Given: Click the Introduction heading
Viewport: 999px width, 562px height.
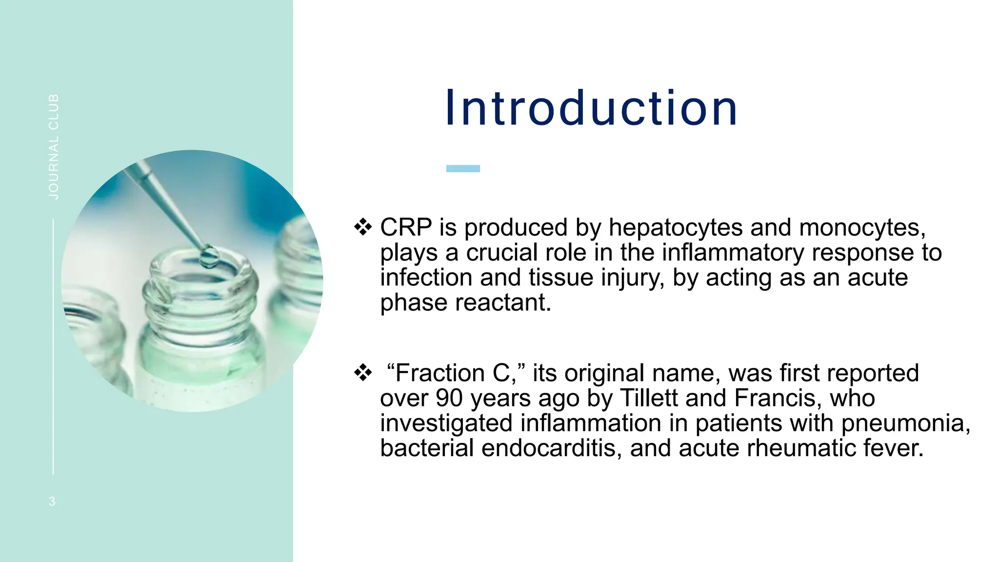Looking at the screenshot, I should [x=591, y=108].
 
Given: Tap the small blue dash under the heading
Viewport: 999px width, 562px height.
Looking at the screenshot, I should [x=463, y=168].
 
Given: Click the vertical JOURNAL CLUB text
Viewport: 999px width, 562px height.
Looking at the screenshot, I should [x=54, y=146].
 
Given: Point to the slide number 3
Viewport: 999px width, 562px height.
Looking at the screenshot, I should [x=52, y=501].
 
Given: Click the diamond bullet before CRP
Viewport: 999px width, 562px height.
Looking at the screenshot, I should [x=363, y=227].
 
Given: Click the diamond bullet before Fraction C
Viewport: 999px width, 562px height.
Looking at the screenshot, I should [x=363, y=373].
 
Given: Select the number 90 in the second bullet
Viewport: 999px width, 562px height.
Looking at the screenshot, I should [x=449, y=398].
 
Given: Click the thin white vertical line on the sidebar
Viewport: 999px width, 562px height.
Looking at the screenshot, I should [x=53, y=346].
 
